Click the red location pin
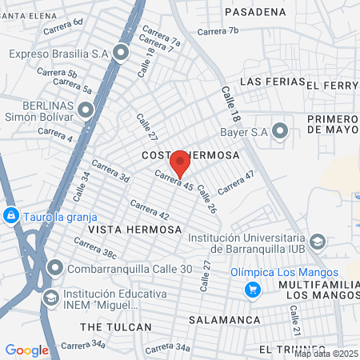tap(180, 163)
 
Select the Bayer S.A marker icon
tap(280, 130)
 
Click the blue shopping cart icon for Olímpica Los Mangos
tap(254, 289)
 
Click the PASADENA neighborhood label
tap(255, 12)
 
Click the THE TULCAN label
tap(116, 327)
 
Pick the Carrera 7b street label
tap(218, 31)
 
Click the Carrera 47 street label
tap(237, 183)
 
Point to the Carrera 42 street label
tap(152, 210)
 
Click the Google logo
tap(26, 350)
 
